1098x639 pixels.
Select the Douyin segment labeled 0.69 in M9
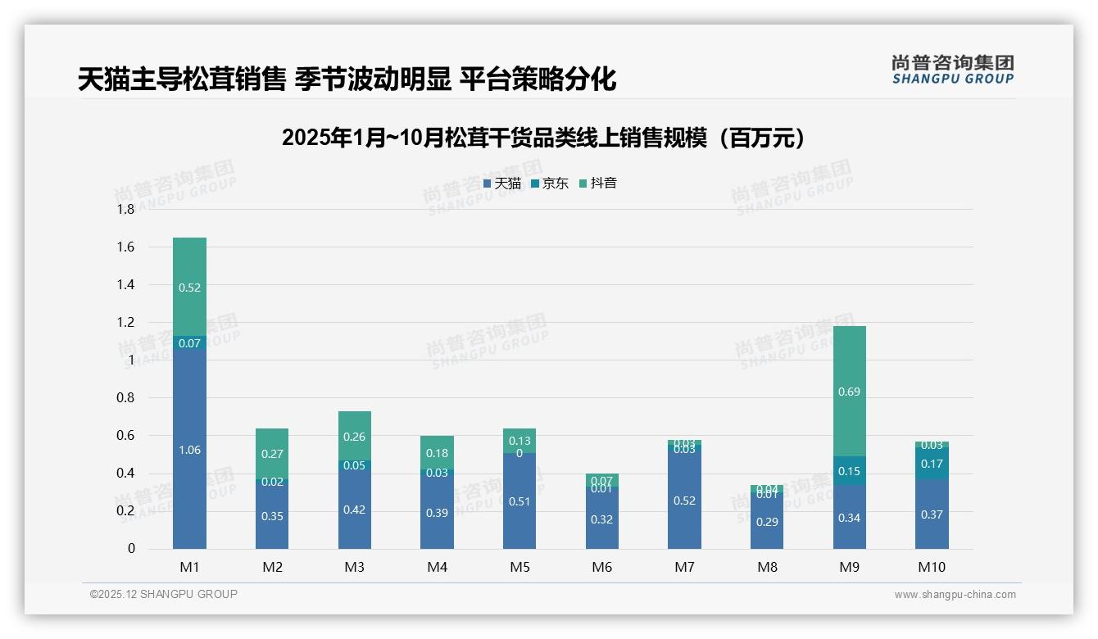coord(850,392)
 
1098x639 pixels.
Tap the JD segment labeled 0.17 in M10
coord(932,464)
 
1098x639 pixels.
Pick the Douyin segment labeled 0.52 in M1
coord(189,288)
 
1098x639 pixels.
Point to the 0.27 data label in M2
coord(272,454)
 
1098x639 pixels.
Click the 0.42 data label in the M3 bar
coord(355,510)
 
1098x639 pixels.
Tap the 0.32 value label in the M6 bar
coord(601,519)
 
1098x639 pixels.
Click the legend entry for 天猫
coord(502,184)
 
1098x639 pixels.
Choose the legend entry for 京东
coord(550,184)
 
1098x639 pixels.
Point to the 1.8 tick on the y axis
coord(125,210)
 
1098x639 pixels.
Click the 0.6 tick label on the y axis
coord(125,436)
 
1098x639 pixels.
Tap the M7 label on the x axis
coord(684,567)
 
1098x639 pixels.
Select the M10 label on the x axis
coord(932,567)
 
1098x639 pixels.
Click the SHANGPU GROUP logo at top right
coord(952,70)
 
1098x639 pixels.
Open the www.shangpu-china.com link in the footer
coord(955,595)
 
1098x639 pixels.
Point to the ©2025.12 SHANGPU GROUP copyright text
coord(164,594)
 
